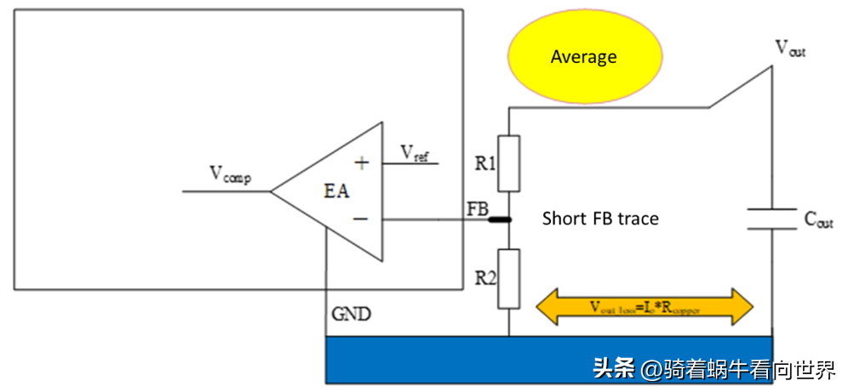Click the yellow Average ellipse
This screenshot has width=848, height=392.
pyautogui.click(x=583, y=57)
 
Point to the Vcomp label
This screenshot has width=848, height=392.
pyautogui.click(x=231, y=174)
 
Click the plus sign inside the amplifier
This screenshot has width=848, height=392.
pyautogui.click(x=362, y=163)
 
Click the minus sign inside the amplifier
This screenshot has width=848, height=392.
pyautogui.click(x=361, y=219)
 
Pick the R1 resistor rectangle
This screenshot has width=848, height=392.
pyautogui.click(x=508, y=163)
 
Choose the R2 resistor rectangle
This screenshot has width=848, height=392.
pyautogui.click(x=508, y=279)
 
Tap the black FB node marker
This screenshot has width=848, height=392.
pyautogui.click(x=500, y=219)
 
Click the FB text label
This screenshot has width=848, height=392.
pyautogui.click(x=477, y=208)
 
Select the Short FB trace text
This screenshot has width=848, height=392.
pyautogui.click(x=600, y=219)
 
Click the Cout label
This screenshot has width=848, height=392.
pyautogui.click(x=817, y=219)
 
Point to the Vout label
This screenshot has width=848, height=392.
pyautogui.click(x=789, y=48)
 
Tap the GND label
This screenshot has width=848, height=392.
pyautogui.click(x=352, y=315)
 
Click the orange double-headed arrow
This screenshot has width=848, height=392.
pyautogui.click(x=645, y=307)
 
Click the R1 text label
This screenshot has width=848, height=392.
pyautogui.click(x=485, y=163)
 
